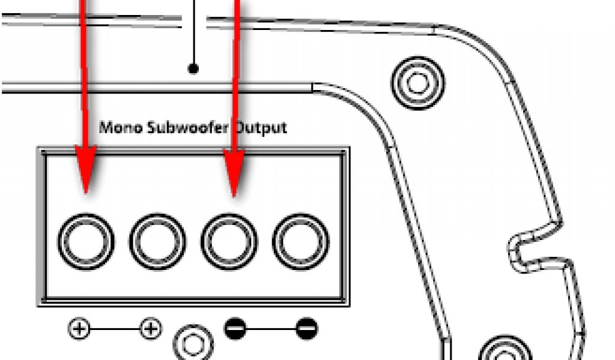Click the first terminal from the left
tap(85, 241)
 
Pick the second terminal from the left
tap(157, 241)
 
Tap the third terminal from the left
tap(229, 241)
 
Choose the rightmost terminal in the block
tap(300, 241)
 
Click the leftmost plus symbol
tap(79, 329)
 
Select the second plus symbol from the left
tap(150, 329)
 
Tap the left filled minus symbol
tap(235, 329)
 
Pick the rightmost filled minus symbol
tap(306, 329)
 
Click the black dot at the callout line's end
tap(193, 68)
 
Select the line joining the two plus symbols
tap(114, 329)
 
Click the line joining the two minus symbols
tap(270, 329)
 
